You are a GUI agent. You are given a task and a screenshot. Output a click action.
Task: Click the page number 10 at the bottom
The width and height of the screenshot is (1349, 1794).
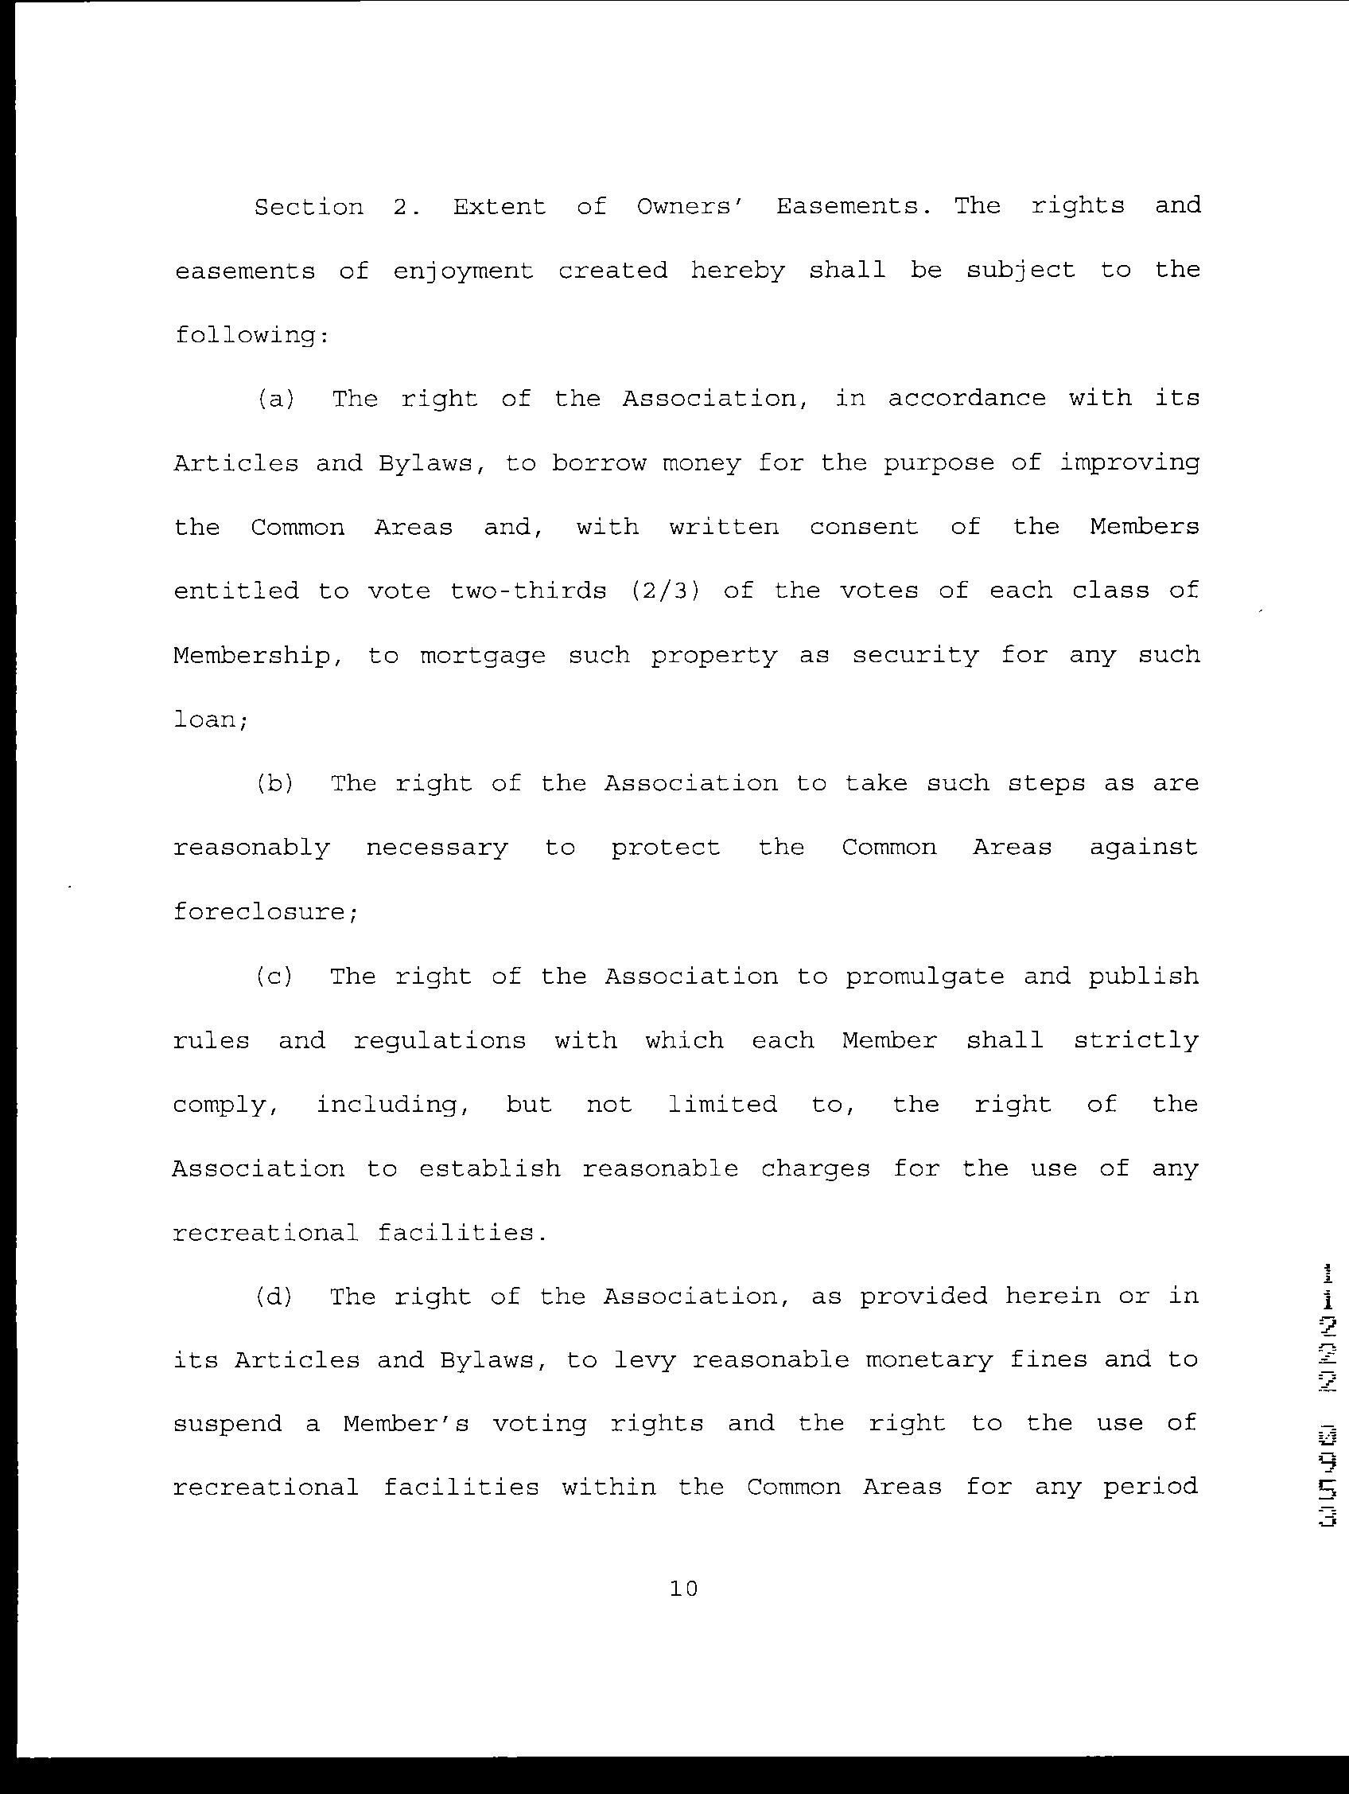coord(683,1589)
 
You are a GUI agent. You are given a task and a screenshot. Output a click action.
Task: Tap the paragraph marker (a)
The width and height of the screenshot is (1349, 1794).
coord(276,399)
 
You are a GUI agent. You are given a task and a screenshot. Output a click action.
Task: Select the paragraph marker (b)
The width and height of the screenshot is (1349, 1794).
coord(275,783)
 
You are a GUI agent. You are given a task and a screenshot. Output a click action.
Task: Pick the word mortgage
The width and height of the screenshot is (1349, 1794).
coord(482,656)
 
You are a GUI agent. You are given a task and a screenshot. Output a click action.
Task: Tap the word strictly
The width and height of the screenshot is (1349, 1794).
coord(1136,1040)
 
